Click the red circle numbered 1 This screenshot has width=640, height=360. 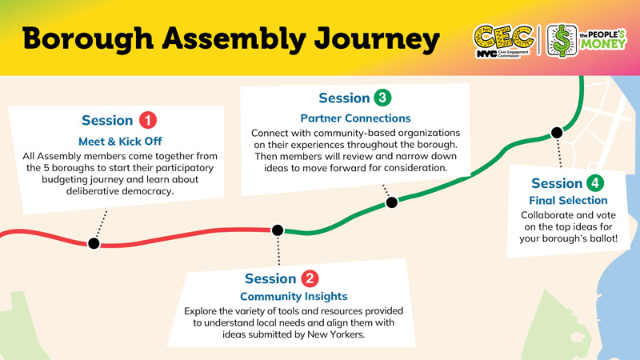pos(148,121)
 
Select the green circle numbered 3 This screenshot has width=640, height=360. pos(382,98)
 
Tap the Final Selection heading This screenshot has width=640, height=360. pos(569,200)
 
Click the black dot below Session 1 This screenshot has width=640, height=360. pos(94,243)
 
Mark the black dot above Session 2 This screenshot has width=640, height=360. pos(278,230)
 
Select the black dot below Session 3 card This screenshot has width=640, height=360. pos(391,202)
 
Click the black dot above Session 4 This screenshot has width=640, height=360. pos(555,133)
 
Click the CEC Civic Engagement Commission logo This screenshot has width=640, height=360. pos(502,39)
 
